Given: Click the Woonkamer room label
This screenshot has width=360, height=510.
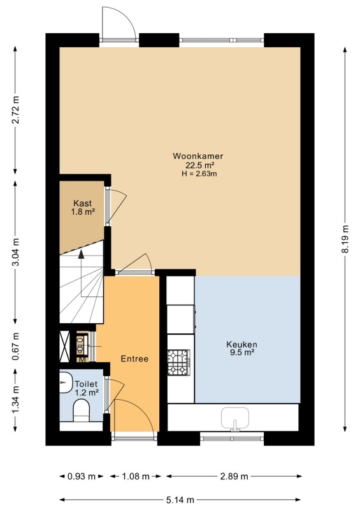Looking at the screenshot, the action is click(x=198, y=156).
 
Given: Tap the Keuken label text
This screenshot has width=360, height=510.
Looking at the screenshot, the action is click(x=241, y=344).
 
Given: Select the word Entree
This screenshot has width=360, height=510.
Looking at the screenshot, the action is click(x=134, y=359).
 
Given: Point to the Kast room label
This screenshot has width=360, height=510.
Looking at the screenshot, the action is click(x=83, y=203).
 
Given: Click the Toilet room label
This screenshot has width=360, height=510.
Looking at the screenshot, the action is click(x=86, y=384).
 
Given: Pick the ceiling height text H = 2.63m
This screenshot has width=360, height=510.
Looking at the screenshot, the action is click(x=199, y=173).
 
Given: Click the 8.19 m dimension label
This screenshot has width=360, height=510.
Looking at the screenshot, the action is click(x=345, y=239).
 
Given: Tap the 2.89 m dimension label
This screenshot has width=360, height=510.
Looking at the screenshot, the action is click(x=234, y=476).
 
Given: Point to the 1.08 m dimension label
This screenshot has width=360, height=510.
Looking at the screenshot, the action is click(x=135, y=476).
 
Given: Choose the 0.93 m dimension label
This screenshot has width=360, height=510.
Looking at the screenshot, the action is click(x=82, y=476).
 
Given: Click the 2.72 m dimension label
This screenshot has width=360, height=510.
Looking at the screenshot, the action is click(x=15, y=110).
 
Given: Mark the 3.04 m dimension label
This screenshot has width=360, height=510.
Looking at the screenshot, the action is click(x=15, y=252).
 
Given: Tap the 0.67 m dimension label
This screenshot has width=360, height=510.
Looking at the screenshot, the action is click(x=15, y=346).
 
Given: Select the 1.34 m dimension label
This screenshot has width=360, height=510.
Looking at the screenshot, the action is click(x=15, y=400).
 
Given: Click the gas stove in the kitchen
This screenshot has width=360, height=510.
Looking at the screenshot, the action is click(x=178, y=362).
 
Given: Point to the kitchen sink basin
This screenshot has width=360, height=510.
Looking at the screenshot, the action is click(x=235, y=418).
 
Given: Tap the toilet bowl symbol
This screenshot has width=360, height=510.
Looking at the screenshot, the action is click(x=82, y=411).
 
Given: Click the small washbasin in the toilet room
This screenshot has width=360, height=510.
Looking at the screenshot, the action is click(x=66, y=382).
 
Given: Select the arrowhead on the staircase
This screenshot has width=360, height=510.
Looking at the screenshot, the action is click(x=82, y=254).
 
